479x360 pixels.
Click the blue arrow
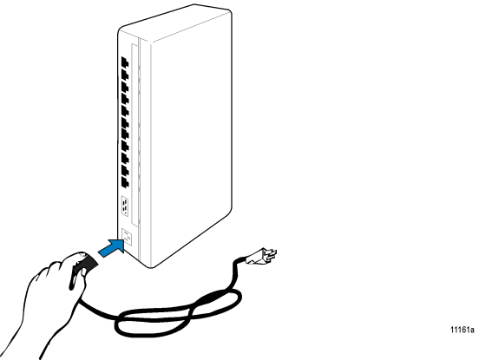[x=112, y=247]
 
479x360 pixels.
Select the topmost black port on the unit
[x=125, y=62]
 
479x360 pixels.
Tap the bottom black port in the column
[x=125, y=181]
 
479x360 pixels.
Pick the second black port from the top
[x=125, y=75]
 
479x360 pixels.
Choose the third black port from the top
[x=125, y=87]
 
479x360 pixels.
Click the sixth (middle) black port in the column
[x=125, y=122]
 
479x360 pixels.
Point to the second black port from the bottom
[x=125, y=170]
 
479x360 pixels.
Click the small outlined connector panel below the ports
[x=125, y=206]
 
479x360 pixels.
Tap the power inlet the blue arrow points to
[x=127, y=237]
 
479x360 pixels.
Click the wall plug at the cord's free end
[x=260, y=256]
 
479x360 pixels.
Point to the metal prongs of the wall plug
[x=270, y=254]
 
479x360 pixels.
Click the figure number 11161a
[x=463, y=330]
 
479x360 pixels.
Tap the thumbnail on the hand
[x=82, y=254]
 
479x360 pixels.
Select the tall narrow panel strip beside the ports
[x=135, y=135]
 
